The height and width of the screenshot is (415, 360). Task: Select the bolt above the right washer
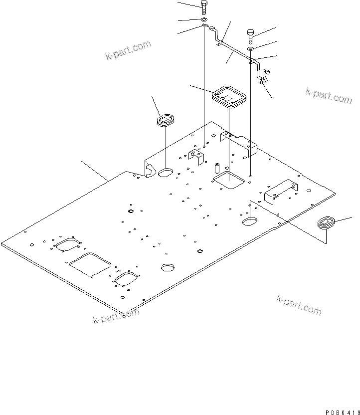pyautogui.click(x=251, y=36)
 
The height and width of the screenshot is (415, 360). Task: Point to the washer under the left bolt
pyautogui.click(x=204, y=20)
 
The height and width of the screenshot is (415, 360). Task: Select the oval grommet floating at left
pyautogui.click(x=165, y=120)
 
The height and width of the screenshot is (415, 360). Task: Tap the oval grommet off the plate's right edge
pyautogui.click(x=326, y=222)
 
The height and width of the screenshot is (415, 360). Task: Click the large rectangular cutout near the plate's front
pyautogui.click(x=90, y=263)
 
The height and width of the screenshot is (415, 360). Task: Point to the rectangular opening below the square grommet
pyautogui.click(x=228, y=180)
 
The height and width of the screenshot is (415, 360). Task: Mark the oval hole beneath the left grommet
pyautogui.click(x=165, y=173)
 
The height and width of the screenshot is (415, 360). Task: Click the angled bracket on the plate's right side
pyautogui.click(x=281, y=191)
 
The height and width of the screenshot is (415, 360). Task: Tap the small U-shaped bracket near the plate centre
pyautogui.click(x=196, y=156)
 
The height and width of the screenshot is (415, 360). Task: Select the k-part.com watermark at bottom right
pyautogui.click(x=299, y=305)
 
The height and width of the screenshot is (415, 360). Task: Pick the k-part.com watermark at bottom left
pyautogui.click(x=116, y=316)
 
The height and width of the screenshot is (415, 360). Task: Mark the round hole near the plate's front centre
pyautogui.click(x=168, y=267)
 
